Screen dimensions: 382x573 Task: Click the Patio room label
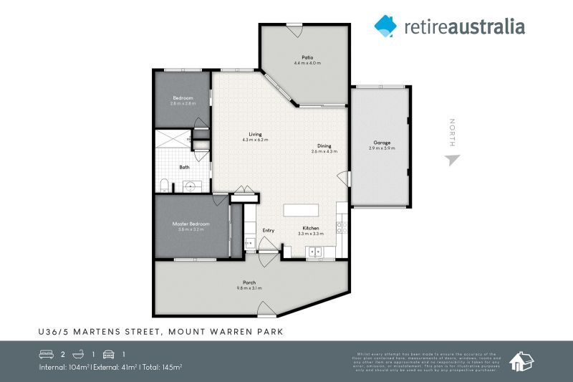point(307,57)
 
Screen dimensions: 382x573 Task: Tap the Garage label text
point(382,142)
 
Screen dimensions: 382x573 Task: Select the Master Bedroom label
point(190,224)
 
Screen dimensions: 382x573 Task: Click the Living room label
point(255,134)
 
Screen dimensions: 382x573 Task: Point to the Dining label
point(324,145)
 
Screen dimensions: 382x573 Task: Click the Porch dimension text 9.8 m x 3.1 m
point(249,287)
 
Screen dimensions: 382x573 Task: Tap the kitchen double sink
point(314,252)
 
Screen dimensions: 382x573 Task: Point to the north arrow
point(451,159)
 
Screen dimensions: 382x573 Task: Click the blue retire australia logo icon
point(385,26)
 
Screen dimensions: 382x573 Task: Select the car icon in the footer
point(109,354)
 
